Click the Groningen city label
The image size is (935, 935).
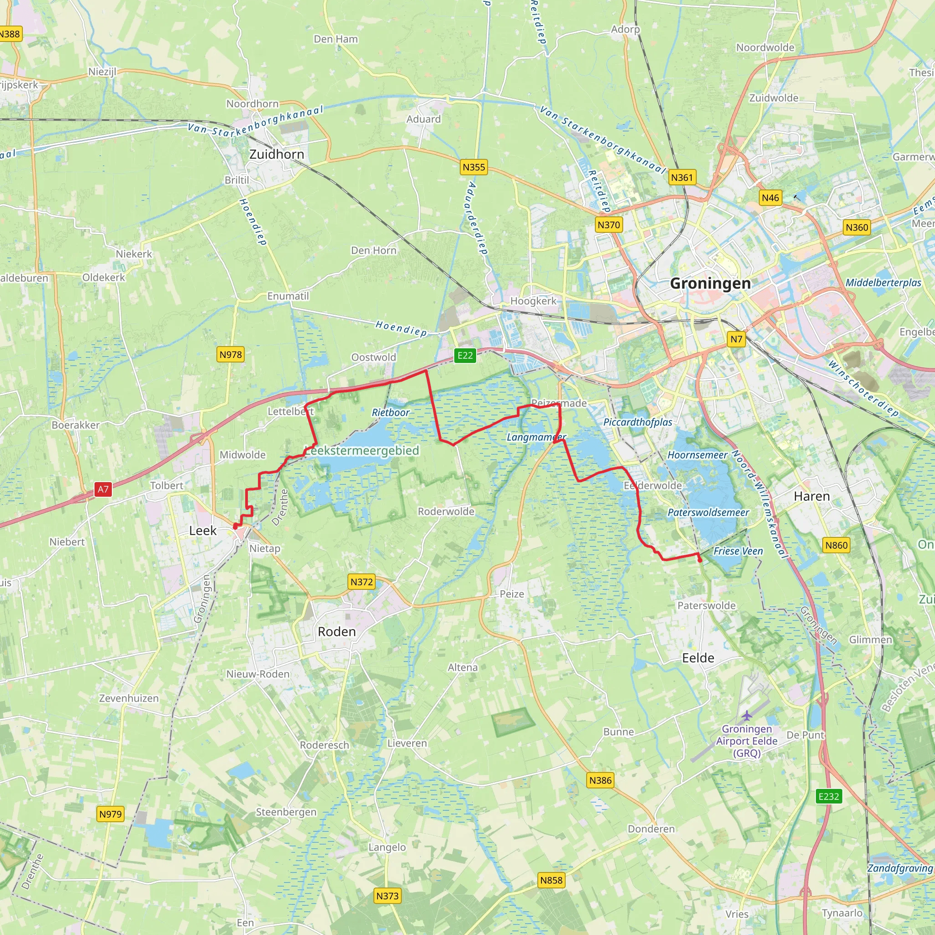[x=710, y=283]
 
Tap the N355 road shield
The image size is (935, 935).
[x=473, y=167]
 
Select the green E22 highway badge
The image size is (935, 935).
[x=465, y=355]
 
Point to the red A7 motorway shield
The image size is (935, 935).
[x=103, y=489]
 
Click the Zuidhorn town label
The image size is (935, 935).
[x=277, y=154]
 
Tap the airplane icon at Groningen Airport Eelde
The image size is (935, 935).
[x=747, y=715]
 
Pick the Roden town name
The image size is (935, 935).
[x=336, y=631]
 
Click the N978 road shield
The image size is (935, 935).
[x=231, y=354]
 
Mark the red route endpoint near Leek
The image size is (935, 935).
[x=235, y=526]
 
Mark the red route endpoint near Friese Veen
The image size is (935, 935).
[x=700, y=560]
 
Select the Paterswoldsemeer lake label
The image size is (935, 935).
[x=708, y=513]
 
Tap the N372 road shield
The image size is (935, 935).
[x=362, y=582]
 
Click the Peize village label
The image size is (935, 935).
[x=511, y=594]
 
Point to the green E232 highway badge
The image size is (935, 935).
[x=829, y=796]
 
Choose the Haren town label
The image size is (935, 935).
[x=812, y=496]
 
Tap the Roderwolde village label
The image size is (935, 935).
[x=446, y=511]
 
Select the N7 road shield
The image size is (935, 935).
[x=736, y=339]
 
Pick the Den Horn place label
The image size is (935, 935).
[x=373, y=250]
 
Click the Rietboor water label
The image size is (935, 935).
[x=390, y=412]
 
